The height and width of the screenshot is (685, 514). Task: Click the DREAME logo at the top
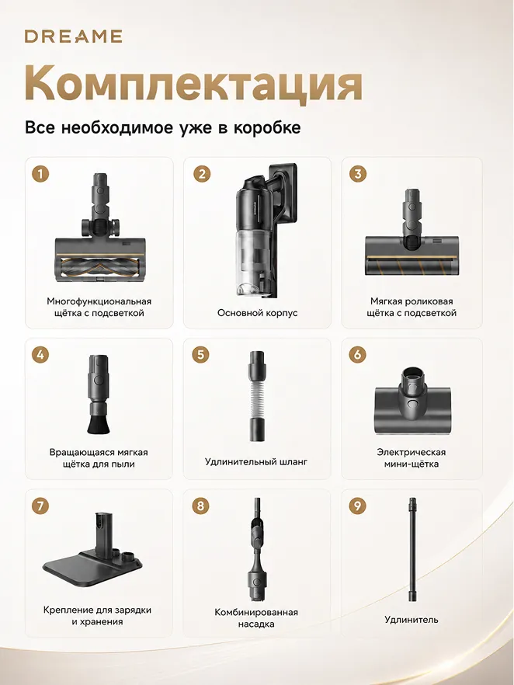[73, 37]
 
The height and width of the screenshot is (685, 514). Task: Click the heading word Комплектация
[193, 83]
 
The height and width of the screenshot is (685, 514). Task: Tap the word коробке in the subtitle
[267, 127]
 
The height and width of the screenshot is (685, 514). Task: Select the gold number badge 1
[40, 174]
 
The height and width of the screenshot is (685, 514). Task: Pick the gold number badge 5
[200, 354]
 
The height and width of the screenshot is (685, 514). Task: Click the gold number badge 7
[40, 506]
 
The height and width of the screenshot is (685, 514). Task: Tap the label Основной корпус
[257, 313]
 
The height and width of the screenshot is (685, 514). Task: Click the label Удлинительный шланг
[256, 461]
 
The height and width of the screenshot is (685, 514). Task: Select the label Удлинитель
[411, 620]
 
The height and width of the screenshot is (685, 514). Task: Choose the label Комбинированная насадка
[256, 618]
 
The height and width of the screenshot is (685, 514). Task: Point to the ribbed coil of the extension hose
[257, 397]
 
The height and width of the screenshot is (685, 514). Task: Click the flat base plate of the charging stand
[92, 568]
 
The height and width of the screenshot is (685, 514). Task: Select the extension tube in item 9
[411, 551]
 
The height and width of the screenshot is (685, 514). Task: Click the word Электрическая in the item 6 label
[411, 452]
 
